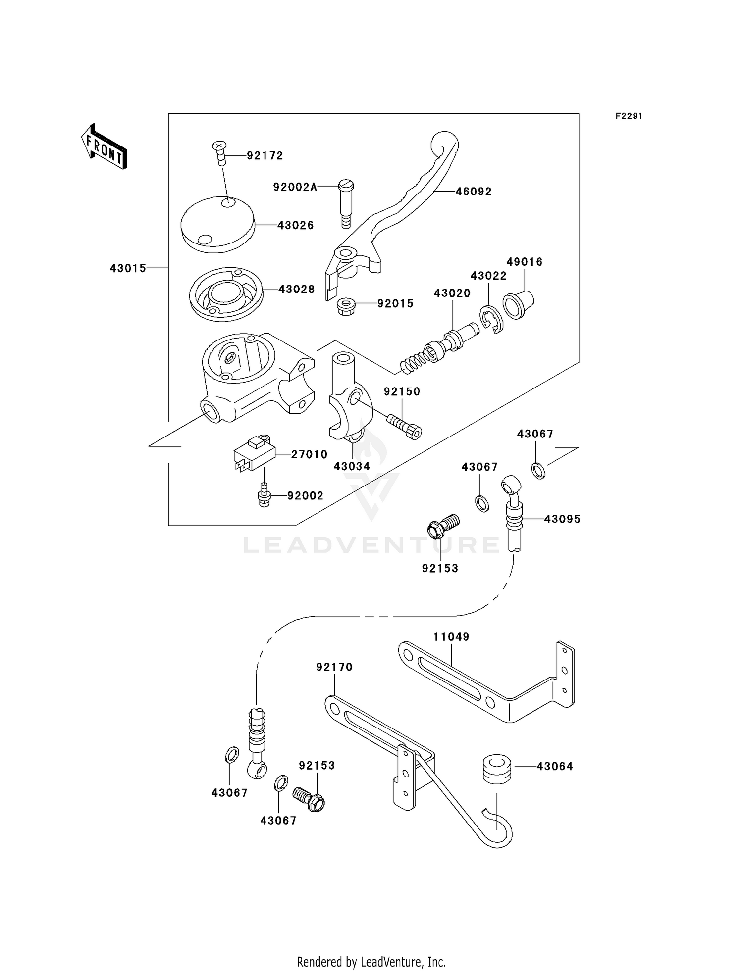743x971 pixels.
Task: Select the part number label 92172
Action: click(265, 156)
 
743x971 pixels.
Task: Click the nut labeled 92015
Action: click(346, 306)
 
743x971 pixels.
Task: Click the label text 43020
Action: click(452, 293)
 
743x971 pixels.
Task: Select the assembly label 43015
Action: click(128, 268)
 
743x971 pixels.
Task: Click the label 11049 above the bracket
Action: click(451, 637)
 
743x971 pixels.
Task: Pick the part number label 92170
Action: click(334, 667)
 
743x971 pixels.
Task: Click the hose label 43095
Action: click(562, 519)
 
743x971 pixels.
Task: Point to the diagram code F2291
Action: click(629, 116)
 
